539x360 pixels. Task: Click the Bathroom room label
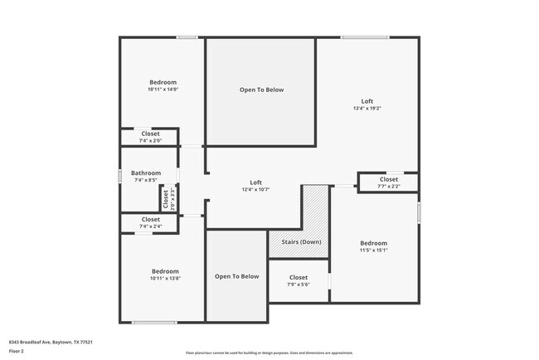click(146, 173)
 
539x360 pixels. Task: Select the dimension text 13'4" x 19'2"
click(367, 108)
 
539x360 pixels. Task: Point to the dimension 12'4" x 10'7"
click(256, 189)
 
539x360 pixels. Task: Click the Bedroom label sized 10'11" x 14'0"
click(163, 82)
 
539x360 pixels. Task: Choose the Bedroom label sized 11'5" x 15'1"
click(373, 243)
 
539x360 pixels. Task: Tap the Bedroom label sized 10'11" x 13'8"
click(164, 271)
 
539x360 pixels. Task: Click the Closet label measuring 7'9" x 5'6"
click(299, 278)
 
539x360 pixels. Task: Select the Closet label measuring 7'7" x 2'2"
click(388, 179)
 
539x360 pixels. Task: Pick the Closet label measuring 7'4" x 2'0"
click(150, 134)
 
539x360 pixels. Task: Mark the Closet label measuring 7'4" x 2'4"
click(150, 220)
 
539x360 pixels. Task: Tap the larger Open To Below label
click(261, 90)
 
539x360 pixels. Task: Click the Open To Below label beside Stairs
click(237, 276)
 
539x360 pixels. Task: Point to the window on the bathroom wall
click(121, 176)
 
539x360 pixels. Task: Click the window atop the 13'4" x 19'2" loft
click(365, 37)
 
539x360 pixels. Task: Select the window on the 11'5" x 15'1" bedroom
click(419, 212)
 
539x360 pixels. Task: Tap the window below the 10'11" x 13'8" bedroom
click(154, 322)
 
